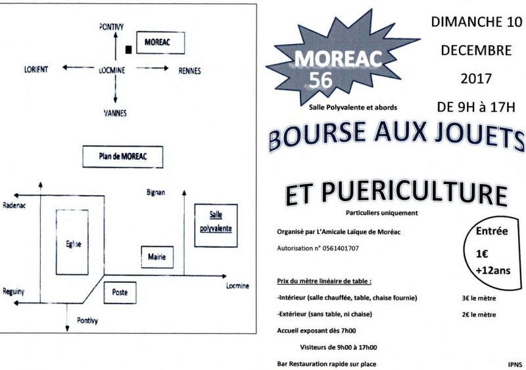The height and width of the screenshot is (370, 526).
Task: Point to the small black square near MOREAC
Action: point(128,50)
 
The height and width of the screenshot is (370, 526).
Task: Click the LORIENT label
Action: point(36,70)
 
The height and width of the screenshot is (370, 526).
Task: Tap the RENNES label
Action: point(189,71)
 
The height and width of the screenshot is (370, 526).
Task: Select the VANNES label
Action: point(115,113)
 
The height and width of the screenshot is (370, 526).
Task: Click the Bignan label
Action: point(156,193)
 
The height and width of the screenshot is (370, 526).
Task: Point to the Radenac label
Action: point(14,205)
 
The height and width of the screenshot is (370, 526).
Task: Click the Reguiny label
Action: point(13,292)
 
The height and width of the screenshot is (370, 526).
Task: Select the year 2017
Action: point(476,79)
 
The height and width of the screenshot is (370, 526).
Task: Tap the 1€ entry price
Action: point(482,254)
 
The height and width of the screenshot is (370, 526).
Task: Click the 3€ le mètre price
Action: point(479,298)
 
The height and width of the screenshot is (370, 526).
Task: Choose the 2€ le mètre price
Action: point(479,315)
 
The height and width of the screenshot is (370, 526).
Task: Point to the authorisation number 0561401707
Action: point(340,248)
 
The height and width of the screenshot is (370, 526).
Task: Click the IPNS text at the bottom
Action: point(515,365)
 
